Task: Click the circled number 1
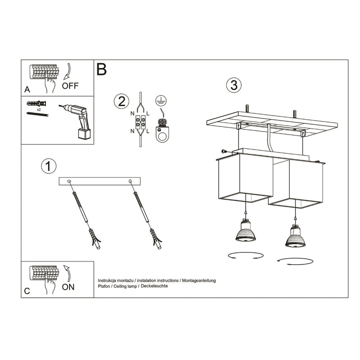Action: click(48, 166)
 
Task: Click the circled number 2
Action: click(120, 101)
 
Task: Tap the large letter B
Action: click(101, 69)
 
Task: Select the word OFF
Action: click(70, 86)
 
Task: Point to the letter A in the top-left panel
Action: click(27, 90)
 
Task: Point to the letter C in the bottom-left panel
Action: click(27, 291)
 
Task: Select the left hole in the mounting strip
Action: click(69, 181)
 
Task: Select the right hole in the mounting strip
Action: click(130, 181)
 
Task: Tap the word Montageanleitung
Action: click(198, 280)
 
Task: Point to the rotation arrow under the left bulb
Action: click(244, 256)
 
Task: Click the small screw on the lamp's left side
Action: click(223, 151)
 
